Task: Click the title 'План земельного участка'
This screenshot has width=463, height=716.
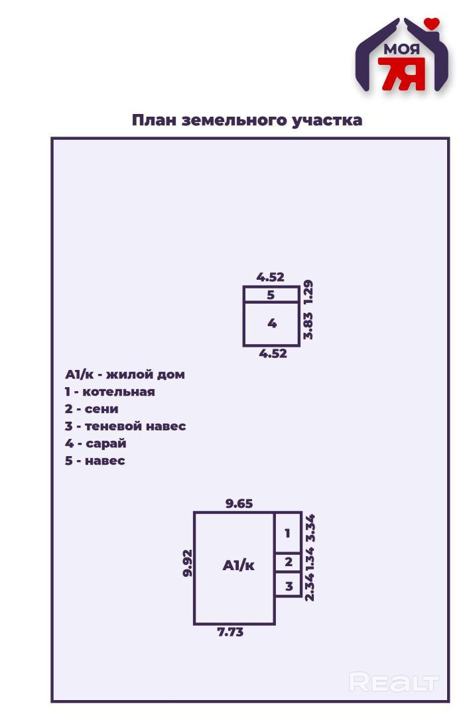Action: click(x=247, y=120)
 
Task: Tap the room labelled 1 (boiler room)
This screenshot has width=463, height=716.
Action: click(x=288, y=533)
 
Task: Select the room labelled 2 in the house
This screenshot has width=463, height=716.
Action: click(x=288, y=563)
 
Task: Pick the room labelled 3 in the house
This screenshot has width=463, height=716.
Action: click(x=288, y=586)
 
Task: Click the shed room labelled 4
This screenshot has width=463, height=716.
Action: click(x=271, y=324)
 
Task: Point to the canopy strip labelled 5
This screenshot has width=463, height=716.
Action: click(x=271, y=295)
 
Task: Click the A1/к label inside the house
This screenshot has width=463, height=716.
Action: click(x=238, y=566)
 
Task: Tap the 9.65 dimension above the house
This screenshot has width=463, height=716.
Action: click(x=239, y=503)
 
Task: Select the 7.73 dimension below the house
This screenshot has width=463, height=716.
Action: click(x=230, y=632)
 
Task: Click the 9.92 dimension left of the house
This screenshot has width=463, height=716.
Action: click(x=188, y=563)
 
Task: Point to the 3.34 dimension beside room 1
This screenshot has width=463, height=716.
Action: click(x=309, y=528)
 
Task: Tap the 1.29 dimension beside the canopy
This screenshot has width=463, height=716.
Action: click(x=308, y=292)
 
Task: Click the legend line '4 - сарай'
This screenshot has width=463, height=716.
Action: click(x=96, y=443)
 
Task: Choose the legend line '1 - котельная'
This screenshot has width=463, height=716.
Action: click(x=110, y=391)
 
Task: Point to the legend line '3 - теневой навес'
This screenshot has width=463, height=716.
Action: click(x=125, y=426)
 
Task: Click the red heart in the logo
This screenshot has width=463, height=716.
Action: click(x=432, y=24)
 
